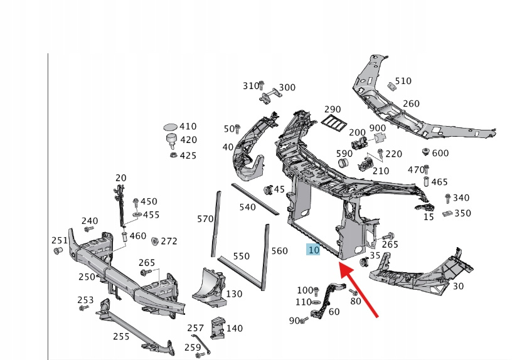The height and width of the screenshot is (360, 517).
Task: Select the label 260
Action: pos(411,103)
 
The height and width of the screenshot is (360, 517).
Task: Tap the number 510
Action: pos(403,81)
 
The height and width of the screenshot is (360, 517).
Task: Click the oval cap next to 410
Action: pos(171,127)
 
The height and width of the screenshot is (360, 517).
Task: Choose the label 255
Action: pos(121,336)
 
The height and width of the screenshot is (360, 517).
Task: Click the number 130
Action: pos(234,294)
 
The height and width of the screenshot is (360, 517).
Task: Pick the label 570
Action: pos(206,219)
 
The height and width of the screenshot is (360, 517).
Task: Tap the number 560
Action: pos(279,251)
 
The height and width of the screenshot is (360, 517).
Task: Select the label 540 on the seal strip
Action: pos(248,206)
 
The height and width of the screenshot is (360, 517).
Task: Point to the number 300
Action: pos(287,88)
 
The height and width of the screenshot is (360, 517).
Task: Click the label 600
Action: pos(440,153)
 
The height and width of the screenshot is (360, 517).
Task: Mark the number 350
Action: pos(462,213)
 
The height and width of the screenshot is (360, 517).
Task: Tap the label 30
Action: pos(458,286)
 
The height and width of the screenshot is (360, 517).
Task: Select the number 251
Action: pos(60,240)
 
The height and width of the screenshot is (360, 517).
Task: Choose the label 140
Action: pos(235,327)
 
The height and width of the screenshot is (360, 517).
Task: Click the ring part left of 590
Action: pos(343,164)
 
